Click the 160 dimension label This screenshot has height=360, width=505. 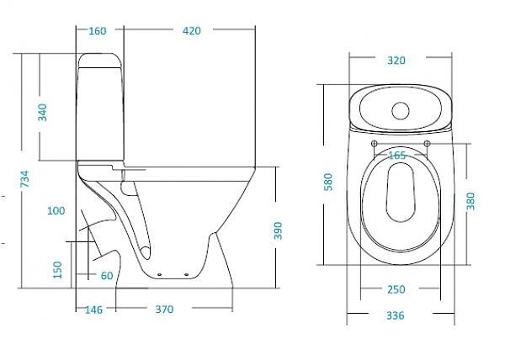[x=98, y=31]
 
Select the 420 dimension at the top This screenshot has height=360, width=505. [x=192, y=31]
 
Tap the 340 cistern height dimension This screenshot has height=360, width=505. [x=42, y=112]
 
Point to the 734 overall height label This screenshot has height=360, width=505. [x=24, y=179]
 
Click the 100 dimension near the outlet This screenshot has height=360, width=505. [x=56, y=211]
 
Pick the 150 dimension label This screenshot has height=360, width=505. [x=57, y=270]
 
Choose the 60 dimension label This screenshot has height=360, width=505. [x=107, y=276]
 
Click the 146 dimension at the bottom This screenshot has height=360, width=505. [x=93, y=310]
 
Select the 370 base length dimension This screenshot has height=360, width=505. [x=165, y=310]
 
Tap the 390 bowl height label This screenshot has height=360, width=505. [x=278, y=230]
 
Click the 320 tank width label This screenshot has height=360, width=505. [x=396, y=61]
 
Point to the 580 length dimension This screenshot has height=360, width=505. [x=328, y=182]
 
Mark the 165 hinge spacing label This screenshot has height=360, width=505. [x=397, y=156]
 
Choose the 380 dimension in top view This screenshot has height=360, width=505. [x=470, y=201]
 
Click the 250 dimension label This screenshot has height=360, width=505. [x=396, y=289]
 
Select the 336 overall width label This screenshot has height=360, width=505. [x=396, y=315]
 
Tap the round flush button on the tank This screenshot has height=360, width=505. [x=401, y=111]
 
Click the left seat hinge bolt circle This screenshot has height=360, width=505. [x=375, y=144]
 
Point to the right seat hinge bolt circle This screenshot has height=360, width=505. [x=427, y=144]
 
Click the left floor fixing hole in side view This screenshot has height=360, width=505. [x=159, y=274]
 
